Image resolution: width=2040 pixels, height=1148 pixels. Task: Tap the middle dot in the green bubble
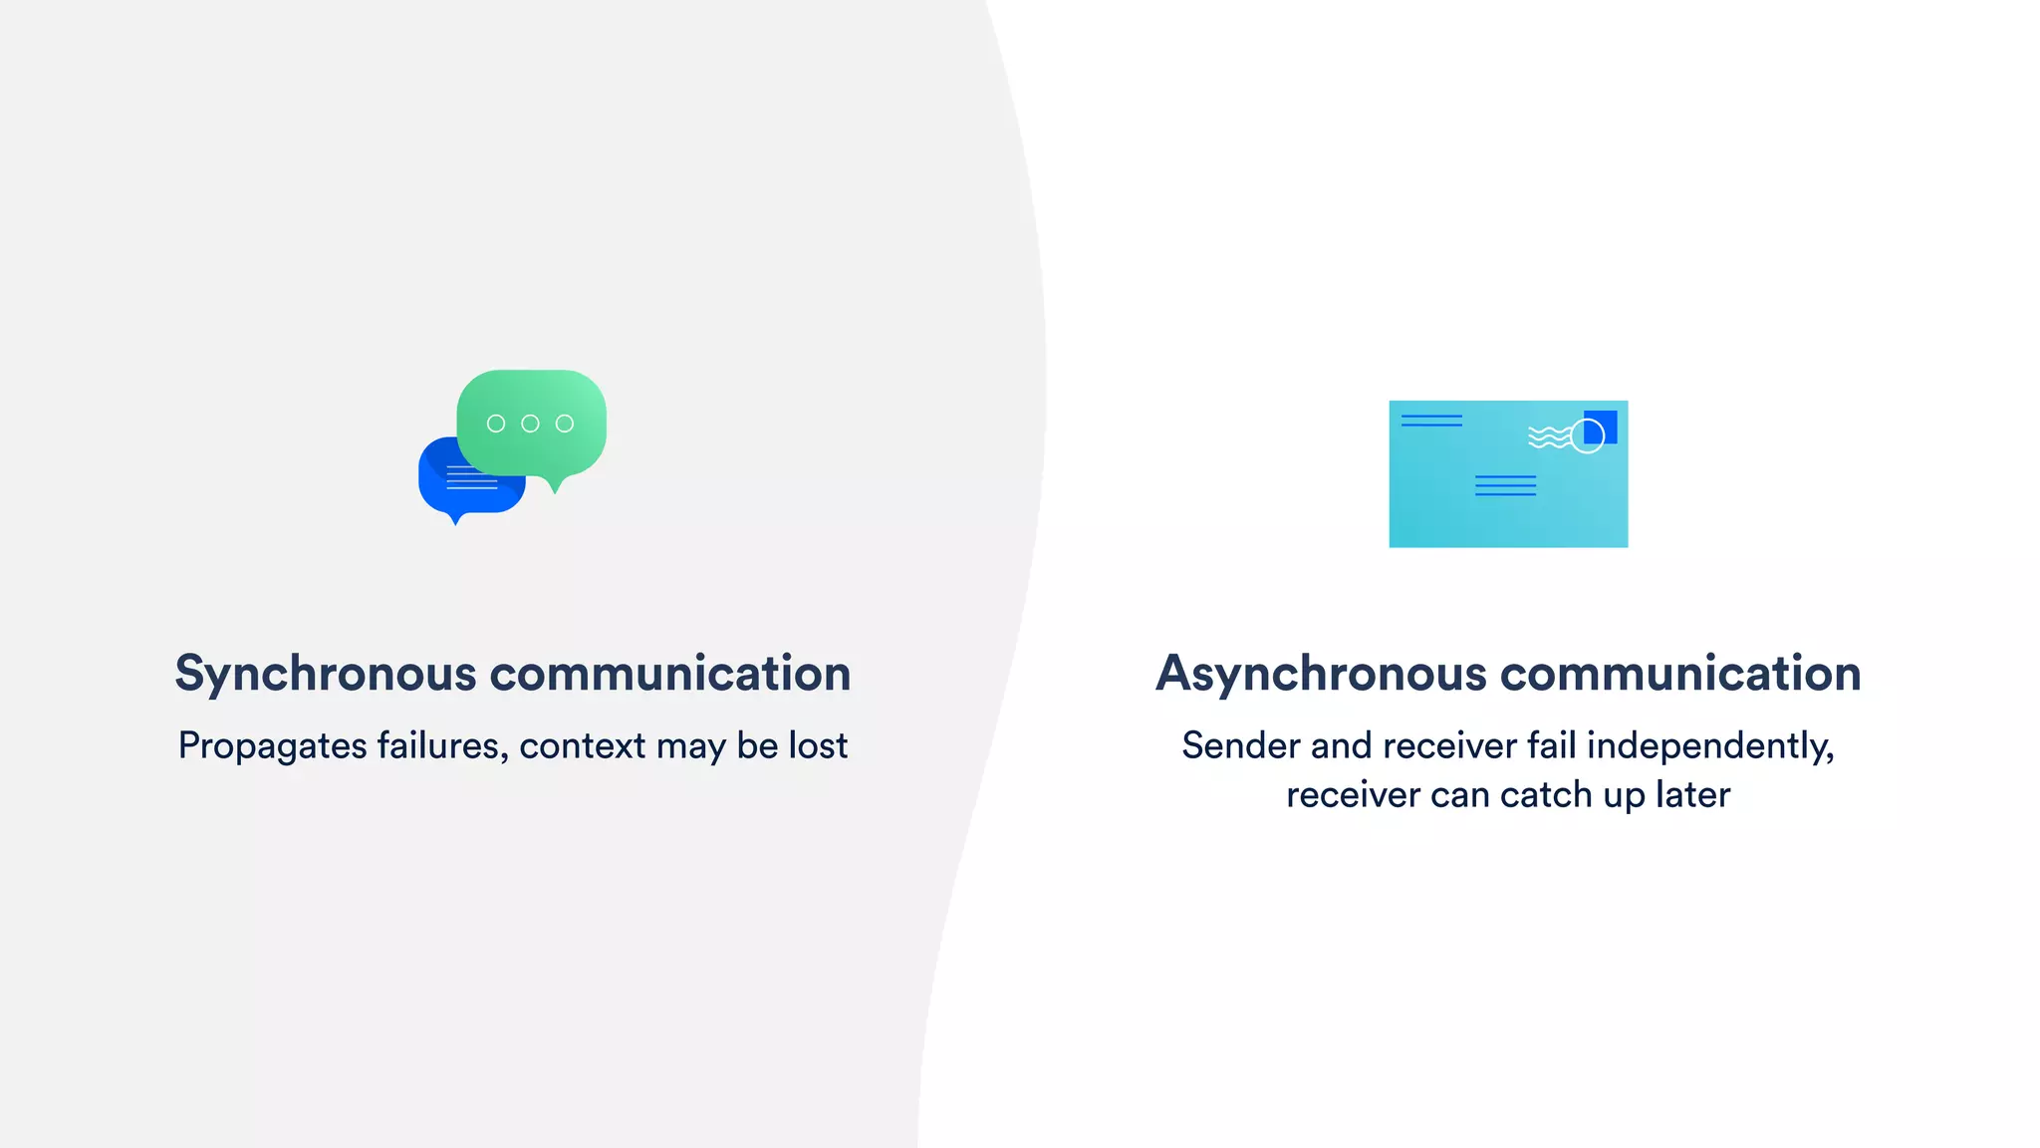coord(530,424)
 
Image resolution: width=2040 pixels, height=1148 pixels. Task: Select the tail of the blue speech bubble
coord(456,517)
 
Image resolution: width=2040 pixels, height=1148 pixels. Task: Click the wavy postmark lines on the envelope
coord(1548,437)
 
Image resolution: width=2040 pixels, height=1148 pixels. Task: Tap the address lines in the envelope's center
coord(1505,485)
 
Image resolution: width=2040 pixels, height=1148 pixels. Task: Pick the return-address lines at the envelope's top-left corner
coord(1431,421)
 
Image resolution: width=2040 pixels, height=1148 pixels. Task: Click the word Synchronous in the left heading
coord(326,674)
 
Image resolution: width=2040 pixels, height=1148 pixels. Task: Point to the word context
coord(583,746)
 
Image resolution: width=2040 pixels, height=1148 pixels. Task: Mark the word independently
coord(1709,746)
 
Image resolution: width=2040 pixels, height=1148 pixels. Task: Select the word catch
coord(1546,795)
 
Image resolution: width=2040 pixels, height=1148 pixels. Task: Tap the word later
coord(1692,795)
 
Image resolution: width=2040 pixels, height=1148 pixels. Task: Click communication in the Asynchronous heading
coord(1680,674)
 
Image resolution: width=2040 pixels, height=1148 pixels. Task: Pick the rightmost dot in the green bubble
coord(565,424)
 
